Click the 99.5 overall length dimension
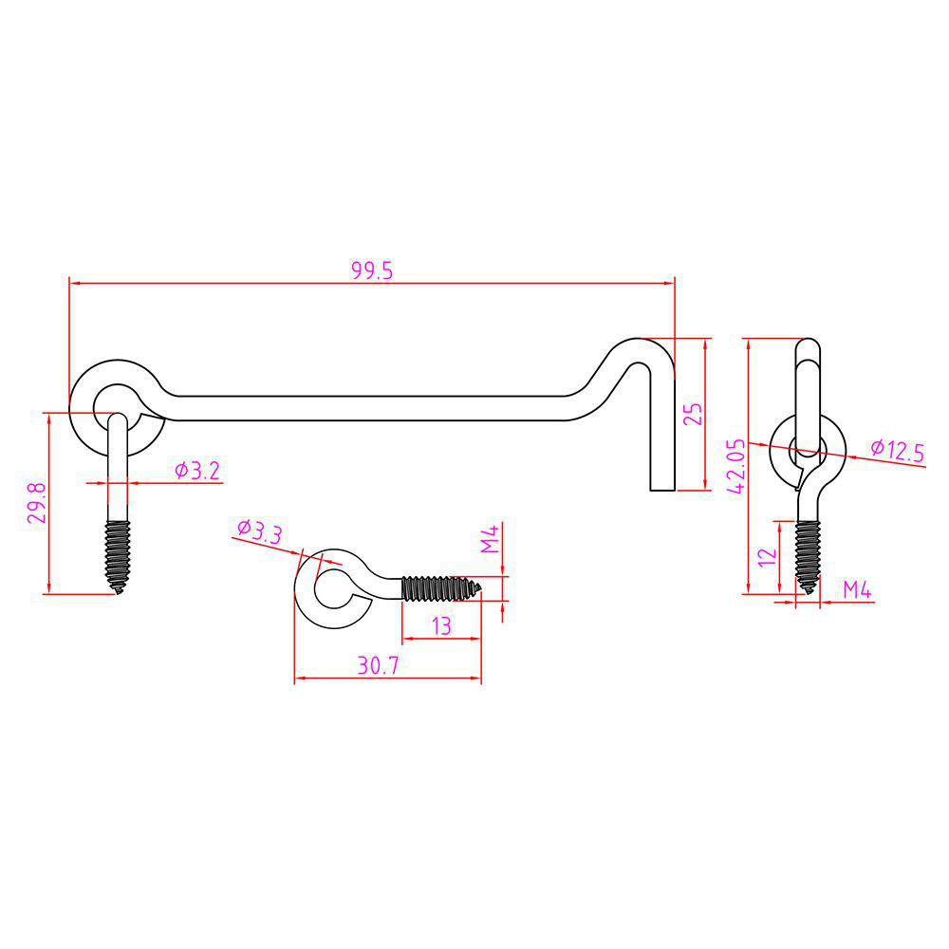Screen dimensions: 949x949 (x=372, y=270)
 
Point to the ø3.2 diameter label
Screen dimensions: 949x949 (x=197, y=470)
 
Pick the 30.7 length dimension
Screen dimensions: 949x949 (x=378, y=666)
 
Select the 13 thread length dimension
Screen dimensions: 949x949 (x=440, y=625)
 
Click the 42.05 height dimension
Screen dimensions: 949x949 (x=735, y=465)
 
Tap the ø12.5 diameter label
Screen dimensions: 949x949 (x=896, y=450)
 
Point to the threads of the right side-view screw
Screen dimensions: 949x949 (x=807, y=556)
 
